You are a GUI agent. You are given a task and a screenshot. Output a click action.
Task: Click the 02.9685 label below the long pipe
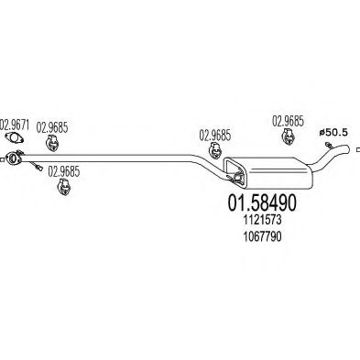[63, 170]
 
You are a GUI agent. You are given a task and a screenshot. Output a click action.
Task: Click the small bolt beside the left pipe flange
[34, 167]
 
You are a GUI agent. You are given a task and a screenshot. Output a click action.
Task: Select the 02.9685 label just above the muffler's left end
[215, 134]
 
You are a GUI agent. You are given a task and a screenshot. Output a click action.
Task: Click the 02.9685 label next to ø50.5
[289, 121]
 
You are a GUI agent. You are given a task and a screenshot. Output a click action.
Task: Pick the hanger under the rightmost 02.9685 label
[287, 136]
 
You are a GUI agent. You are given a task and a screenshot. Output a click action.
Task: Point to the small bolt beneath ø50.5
[323, 150]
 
